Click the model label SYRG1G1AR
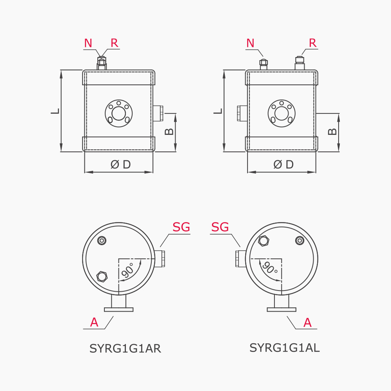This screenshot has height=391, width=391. (x=125, y=348)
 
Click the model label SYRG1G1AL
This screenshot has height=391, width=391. (x=285, y=348)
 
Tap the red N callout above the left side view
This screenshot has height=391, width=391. (x=88, y=43)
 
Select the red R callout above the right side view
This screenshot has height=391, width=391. (x=313, y=43)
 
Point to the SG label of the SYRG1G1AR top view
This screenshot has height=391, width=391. (x=181, y=227)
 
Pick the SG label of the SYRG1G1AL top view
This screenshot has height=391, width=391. (x=220, y=227)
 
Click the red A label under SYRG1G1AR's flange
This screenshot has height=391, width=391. (x=94, y=323)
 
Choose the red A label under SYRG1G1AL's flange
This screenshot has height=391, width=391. (x=307, y=323)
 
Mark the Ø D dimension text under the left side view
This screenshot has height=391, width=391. (x=121, y=164)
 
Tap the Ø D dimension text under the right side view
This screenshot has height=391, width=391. (x=283, y=164)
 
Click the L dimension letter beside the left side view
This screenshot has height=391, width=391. (x=56, y=111)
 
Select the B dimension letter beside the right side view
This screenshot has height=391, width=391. (x=332, y=131)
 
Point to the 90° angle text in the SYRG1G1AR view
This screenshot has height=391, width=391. (x=128, y=270)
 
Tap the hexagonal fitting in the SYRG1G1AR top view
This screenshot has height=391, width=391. (x=102, y=277)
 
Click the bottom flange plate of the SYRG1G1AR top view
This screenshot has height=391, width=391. (x=119, y=309)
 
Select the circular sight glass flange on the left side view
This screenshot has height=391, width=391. (x=119, y=113)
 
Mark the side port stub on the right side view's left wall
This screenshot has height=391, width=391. (x=242, y=113)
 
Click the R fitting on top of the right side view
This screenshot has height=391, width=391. (x=300, y=63)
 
